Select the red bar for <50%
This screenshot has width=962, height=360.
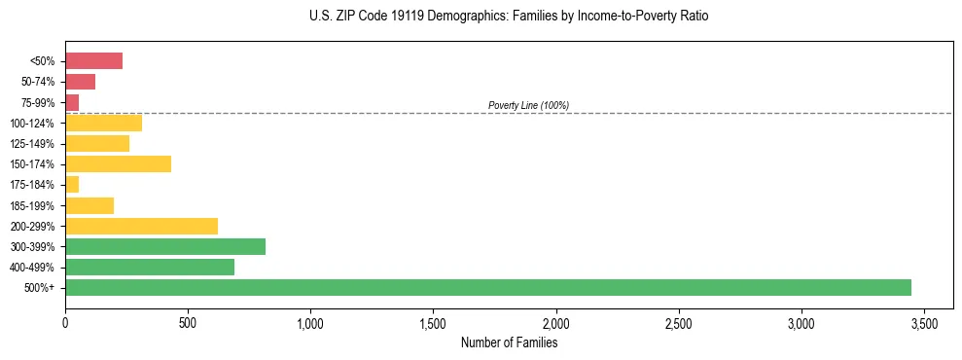(93, 61)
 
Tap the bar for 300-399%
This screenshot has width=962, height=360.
(165, 246)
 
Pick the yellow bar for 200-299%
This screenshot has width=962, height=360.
(141, 226)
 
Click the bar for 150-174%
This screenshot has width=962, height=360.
(118, 163)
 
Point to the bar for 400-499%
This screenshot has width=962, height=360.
(150, 267)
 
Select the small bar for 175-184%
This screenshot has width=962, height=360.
(72, 184)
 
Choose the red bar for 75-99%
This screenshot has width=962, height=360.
(72, 102)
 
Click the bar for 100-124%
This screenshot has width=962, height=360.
(103, 123)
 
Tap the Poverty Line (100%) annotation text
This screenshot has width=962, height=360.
(528, 105)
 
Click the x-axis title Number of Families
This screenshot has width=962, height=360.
(509, 342)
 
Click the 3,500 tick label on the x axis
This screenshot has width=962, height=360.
(924, 322)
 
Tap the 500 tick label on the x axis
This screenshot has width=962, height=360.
(188, 322)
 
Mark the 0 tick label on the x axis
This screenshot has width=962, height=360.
(65, 322)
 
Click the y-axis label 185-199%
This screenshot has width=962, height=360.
(32, 205)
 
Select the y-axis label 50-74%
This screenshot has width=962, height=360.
(37, 82)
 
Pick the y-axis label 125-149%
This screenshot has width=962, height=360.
(32, 143)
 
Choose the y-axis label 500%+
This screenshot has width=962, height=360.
(40, 288)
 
